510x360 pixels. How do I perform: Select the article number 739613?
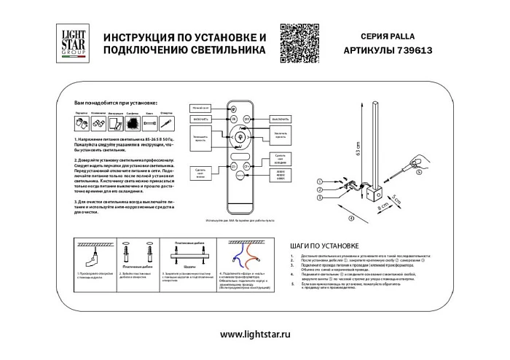click(x=412, y=52)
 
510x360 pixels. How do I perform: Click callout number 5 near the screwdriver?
click(x=420, y=173)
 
